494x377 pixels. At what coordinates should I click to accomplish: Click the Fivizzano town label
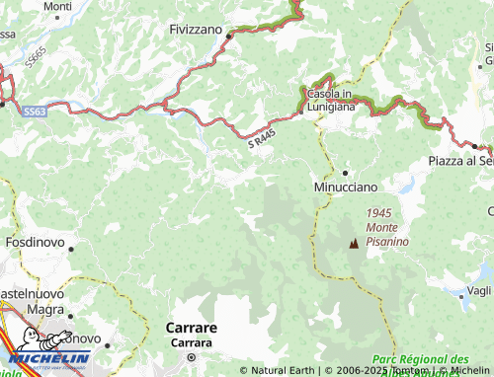click(197, 30)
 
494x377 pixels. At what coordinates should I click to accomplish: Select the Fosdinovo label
click(36, 242)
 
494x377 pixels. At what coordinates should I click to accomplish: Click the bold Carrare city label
click(192, 327)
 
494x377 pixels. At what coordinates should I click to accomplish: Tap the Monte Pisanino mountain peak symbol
click(353, 243)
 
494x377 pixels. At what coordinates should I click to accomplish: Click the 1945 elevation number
click(378, 212)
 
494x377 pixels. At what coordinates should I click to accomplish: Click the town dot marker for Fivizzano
click(228, 37)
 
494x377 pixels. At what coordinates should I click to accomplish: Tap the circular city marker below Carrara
click(193, 357)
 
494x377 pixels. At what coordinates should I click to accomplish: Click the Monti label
click(58, 6)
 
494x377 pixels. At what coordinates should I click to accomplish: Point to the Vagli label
click(477, 290)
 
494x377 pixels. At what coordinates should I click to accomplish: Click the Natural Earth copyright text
click(276, 371)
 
